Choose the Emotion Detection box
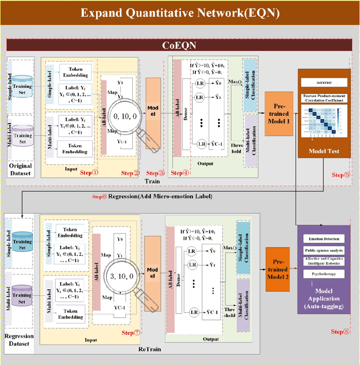tap(328, 238)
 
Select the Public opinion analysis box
tap(328, 250)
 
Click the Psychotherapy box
tap(328, 274)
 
